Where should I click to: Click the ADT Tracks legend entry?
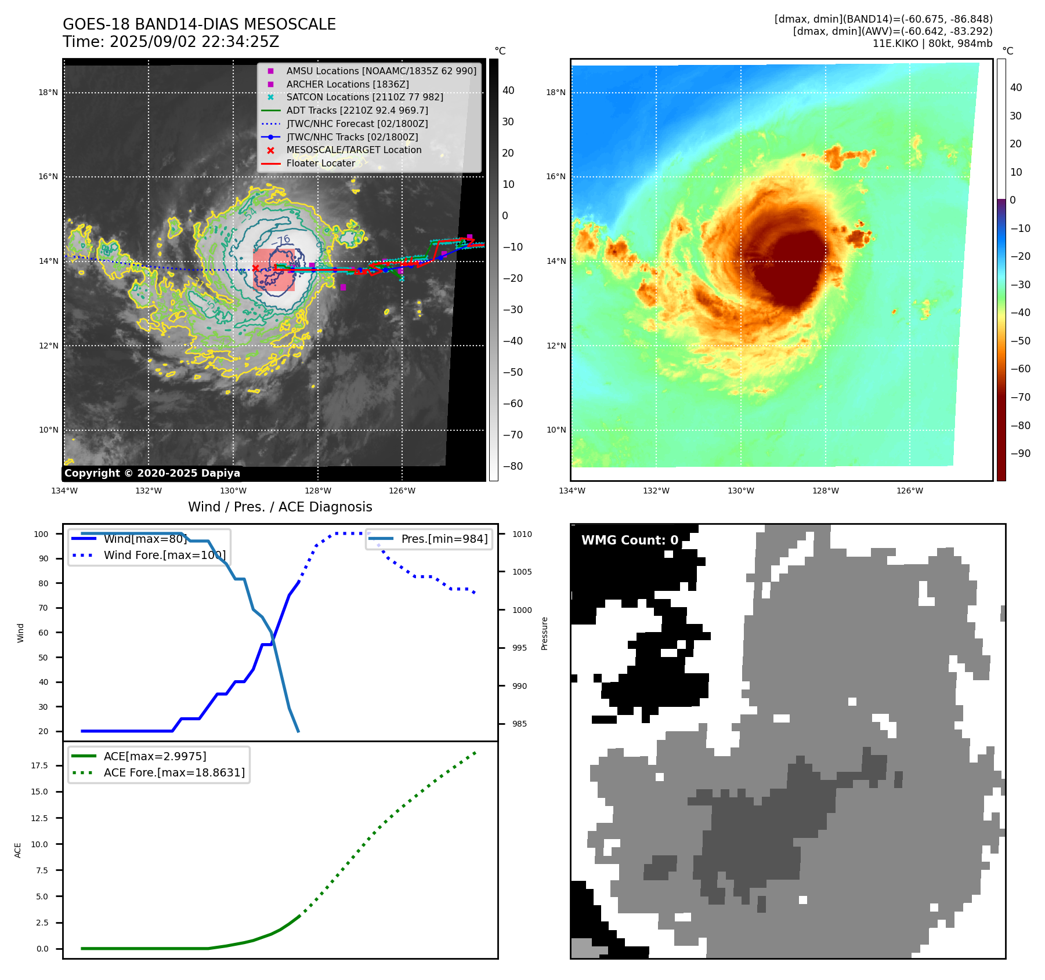(x=357, y=110)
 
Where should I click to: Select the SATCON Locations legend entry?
(x=364, y=97)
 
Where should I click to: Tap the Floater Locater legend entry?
(x=320, y=163)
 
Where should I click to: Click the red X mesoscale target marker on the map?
(x=256, y=268)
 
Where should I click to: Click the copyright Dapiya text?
(x=152, y=473)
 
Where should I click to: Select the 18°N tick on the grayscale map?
(x=48, y=92)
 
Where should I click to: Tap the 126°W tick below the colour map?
(x=909, y=491)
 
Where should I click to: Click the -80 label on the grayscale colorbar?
(x=512, y=466)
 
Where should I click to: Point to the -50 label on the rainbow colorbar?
(x=1020, y=341)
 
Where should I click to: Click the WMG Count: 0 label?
(x=630, y=540)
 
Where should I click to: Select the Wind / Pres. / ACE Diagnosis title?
(x=280, y=507)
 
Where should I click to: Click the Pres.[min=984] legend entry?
(x=444, y=539)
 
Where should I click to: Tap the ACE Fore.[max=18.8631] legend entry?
(x=174, y=772)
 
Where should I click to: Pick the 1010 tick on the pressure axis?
(x=522, y=534)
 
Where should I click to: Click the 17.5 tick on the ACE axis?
(x=40, y=765)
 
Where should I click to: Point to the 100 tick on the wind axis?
(x=41, y=534)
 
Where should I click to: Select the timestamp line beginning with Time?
(x=171, y=42)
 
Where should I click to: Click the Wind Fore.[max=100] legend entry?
(x=164, y=555)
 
